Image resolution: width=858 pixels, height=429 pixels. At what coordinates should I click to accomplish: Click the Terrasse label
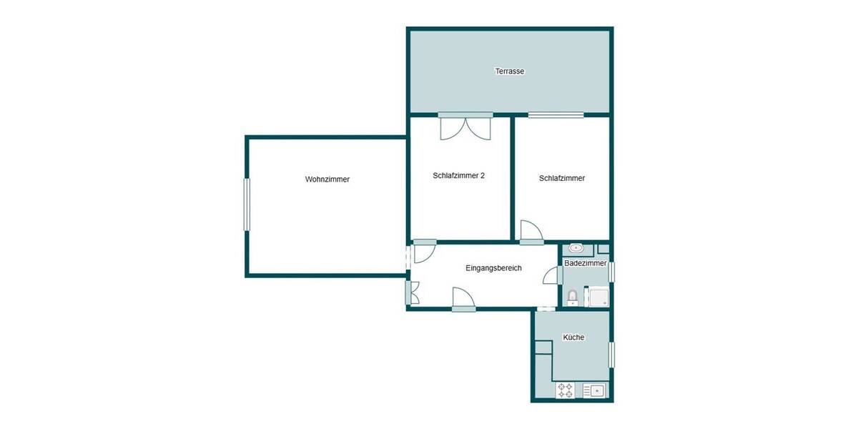[x=510, y=71]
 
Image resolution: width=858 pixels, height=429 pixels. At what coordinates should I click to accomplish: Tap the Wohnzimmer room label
[x=327, y=179]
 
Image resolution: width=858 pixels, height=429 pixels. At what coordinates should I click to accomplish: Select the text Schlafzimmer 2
[x=459, y=175]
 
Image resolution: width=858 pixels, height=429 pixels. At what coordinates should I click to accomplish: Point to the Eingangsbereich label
[x=493, y=268]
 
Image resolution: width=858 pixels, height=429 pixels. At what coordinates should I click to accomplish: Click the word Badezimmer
[x=585, y=264]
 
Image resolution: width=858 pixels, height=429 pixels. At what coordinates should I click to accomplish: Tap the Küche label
[x=573, y=337]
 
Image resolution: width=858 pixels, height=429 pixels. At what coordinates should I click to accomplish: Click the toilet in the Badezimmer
[x=572, y=297]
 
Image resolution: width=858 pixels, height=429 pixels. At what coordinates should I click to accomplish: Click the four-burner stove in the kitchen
[x=566, y=390]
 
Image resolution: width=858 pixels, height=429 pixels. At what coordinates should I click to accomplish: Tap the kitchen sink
[x=594, y=390]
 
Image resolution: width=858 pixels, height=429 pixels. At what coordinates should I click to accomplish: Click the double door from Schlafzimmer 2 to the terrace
[x=465, y=127]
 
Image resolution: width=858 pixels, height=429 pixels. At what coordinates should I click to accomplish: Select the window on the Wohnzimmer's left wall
[x=247, y=204]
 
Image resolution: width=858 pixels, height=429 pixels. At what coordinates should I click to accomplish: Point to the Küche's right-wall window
[x=611, y=355]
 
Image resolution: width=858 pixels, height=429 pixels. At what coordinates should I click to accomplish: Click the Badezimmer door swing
[x=551, y=276]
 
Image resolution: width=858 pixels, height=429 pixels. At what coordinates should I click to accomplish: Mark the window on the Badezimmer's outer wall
[x=611, y=272]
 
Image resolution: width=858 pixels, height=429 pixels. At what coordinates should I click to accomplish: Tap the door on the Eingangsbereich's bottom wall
[x=463, y=298]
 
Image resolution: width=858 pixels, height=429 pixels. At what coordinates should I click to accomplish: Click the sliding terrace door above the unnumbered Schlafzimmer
[x=556, y=114]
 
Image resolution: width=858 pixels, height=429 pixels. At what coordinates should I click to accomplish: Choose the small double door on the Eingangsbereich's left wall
[x=413, y=292]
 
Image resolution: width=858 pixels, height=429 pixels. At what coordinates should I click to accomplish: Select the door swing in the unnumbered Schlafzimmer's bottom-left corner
[x=531, y=231]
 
